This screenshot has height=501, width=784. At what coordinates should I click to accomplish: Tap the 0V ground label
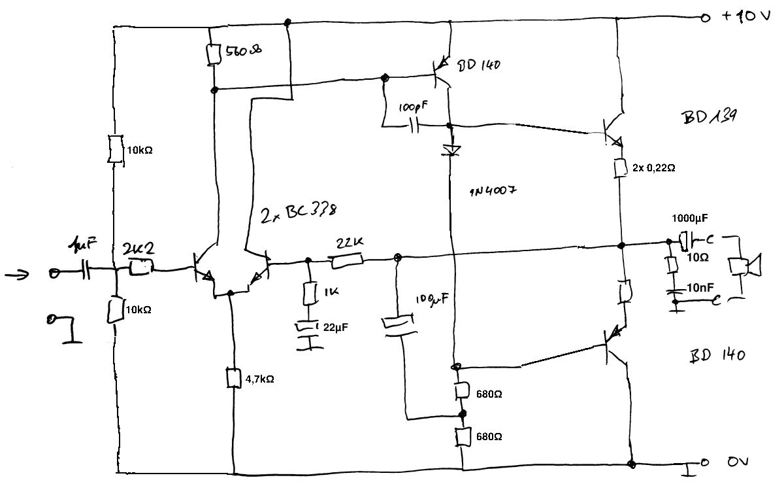pos(738,462)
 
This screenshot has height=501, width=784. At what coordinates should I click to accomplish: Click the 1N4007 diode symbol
pos(451,150)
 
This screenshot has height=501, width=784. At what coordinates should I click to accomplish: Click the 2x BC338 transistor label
pos(300,213)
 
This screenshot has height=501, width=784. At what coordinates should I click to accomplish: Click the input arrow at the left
pos(17,274)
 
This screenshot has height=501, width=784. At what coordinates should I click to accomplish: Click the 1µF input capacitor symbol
pos(86,269)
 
